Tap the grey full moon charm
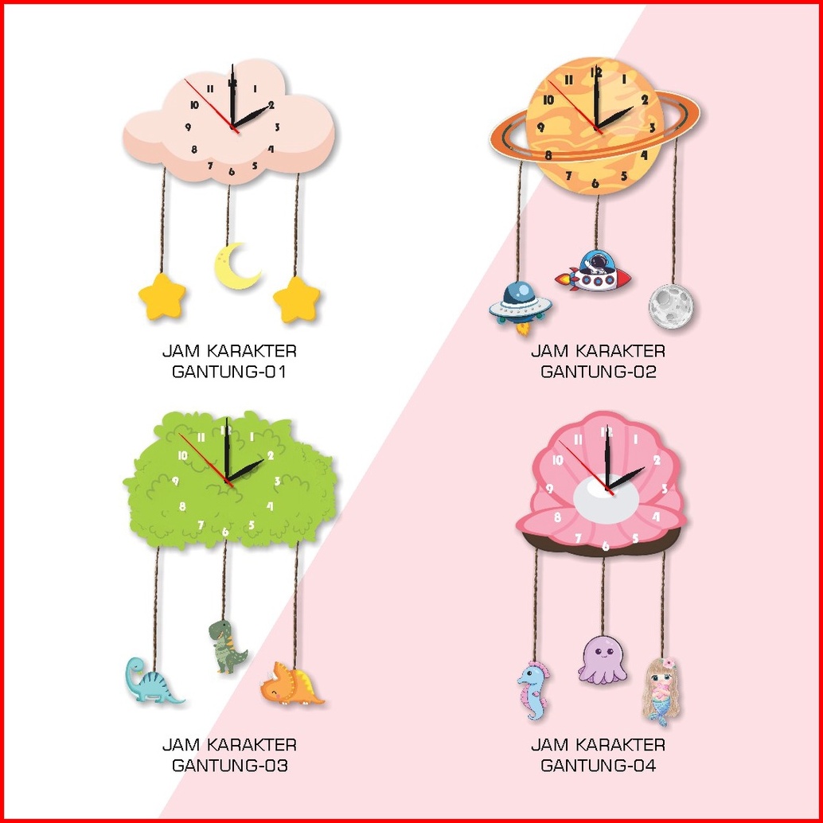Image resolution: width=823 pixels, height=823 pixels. [x=670, y=305]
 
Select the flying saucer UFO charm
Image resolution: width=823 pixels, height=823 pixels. [x=517, y=303]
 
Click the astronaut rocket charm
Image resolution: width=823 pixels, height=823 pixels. [x=594, y=272]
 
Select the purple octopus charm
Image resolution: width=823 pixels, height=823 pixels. [x=603, y=660]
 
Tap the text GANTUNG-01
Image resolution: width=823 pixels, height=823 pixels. [x=229, y=372]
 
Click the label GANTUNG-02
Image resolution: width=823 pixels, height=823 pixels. [x=599, y=372]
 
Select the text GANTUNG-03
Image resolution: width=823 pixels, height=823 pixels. [x=229, y=766]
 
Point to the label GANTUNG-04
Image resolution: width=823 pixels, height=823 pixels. [x=599, y=766]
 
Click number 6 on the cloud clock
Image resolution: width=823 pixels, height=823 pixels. [x=232, y=171]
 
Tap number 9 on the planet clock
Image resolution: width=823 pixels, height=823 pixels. [x=540, y=127]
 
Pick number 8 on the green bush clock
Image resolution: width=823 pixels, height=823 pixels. [x=182, y=506]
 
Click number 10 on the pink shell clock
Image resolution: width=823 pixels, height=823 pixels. [x=557, y=460]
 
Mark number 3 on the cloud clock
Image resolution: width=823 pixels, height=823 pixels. [x=277, y=127]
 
